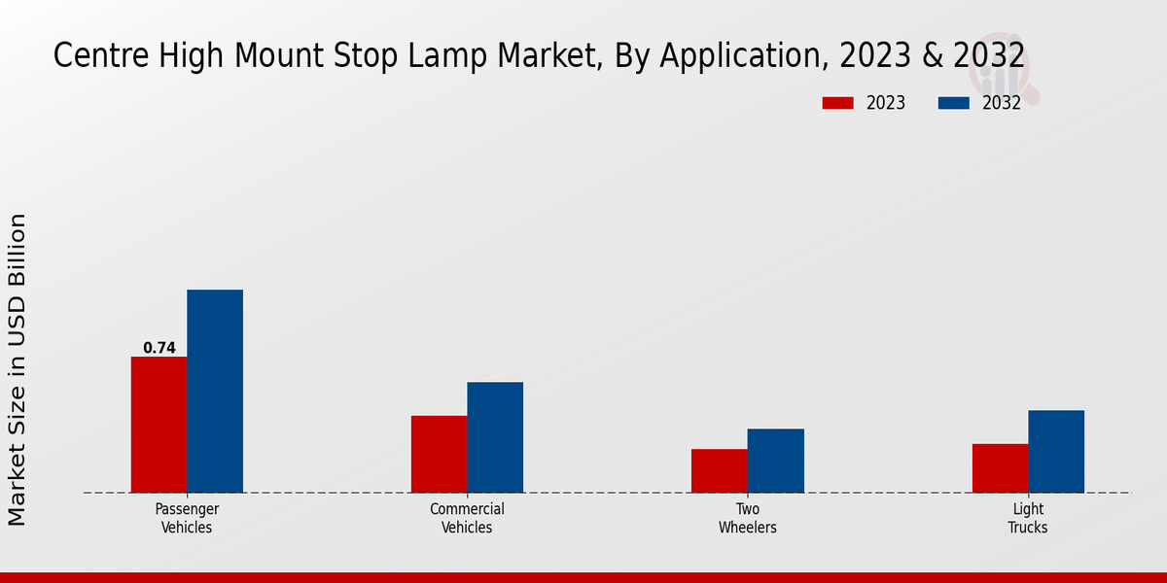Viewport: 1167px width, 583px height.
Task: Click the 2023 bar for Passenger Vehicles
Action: (159, 425)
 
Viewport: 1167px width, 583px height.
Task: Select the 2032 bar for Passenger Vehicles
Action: (215, 391)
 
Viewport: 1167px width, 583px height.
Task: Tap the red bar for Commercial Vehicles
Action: (439, 454)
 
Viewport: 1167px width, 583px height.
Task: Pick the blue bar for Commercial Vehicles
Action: (495, 437)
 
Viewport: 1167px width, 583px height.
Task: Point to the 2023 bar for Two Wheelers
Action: (720, 470)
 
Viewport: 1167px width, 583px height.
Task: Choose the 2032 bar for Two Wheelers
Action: (776, 461)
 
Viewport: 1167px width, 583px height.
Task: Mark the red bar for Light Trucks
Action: (1000, 468)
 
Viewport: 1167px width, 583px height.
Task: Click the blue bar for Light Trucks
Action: (1056, 451)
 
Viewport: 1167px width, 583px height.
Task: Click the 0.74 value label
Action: (159, 348)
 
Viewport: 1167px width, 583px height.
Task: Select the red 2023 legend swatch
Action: (836, 103)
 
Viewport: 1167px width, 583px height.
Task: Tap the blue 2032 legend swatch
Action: (953, 103)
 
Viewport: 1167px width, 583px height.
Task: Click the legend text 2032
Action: (1002, 103)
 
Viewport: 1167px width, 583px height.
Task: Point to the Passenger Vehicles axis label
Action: (187, 518)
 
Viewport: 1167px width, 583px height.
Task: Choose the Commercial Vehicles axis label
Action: (467, 518)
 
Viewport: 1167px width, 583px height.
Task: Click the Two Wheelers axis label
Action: (748, 518)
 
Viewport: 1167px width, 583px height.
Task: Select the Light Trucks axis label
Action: (1028, 518)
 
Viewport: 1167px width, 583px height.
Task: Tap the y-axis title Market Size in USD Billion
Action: (18, 370)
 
